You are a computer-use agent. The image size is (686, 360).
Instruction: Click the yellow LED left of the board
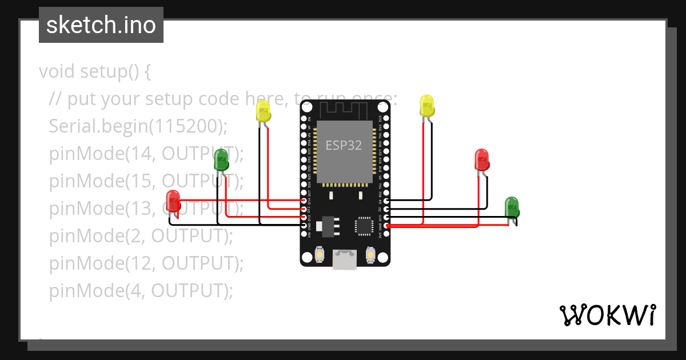point(263,111)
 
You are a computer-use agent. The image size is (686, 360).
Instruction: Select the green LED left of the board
point(221,160)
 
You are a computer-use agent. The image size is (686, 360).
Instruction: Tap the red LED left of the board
point(173,201)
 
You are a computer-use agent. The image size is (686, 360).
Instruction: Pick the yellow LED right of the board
point(426,106)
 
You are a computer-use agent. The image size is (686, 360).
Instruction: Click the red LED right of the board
point(482,160)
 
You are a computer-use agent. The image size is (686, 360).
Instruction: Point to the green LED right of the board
point(511,207)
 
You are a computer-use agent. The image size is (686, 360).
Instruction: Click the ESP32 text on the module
point(344,145)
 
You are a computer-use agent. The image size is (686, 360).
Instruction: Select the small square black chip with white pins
point(364,225)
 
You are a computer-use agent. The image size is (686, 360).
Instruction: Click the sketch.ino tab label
point(101,25)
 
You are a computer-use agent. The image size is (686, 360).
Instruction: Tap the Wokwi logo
point(607,315)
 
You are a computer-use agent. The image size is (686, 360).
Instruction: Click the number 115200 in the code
point(186,126)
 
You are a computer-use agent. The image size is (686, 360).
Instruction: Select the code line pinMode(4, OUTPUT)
point(141,291)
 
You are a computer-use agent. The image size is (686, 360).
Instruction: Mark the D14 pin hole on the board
point(304,202)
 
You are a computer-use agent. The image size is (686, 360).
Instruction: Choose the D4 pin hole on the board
point(387,201)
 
